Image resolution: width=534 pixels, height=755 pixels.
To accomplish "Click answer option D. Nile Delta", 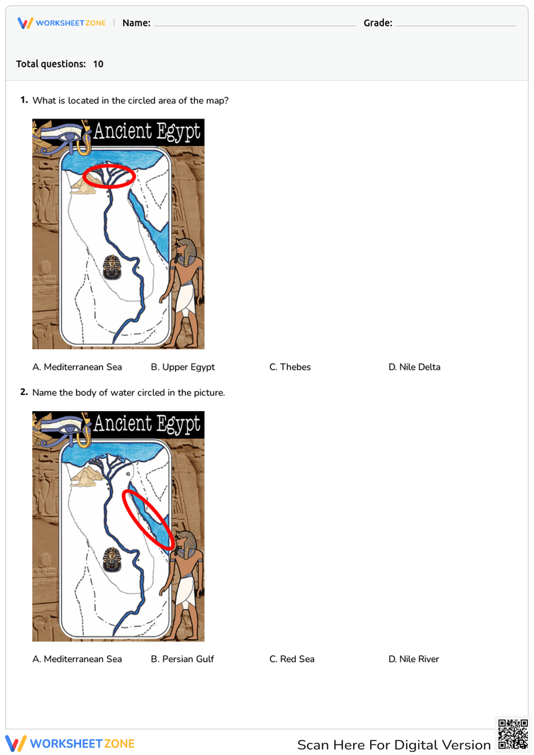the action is [414, 367].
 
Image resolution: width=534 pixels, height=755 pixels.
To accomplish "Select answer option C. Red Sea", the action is [292, 659].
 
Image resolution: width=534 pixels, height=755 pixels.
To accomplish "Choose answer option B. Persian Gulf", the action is [183, 659].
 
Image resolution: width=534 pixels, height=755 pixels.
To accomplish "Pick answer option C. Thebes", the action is [290, 367].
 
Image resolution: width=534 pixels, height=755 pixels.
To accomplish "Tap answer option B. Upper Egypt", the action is [183, 367].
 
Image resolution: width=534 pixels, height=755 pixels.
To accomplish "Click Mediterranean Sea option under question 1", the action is [77, 367].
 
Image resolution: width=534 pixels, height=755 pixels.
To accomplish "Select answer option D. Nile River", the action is [414, 659].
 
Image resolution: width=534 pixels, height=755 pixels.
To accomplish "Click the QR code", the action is [513, 734].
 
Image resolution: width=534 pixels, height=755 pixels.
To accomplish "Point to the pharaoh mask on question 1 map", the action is [112, 267].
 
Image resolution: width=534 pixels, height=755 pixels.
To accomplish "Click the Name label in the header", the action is [136, 23].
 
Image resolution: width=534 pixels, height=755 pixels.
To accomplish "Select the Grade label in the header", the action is [378, 23].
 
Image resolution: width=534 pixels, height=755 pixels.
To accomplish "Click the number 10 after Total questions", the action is [98, 64].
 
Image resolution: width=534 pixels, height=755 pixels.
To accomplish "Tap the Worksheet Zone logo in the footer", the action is [70, 743].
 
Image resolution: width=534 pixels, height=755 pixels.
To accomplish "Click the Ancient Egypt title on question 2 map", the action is [147, 424].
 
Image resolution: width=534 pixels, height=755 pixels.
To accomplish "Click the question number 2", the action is [23, 392].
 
